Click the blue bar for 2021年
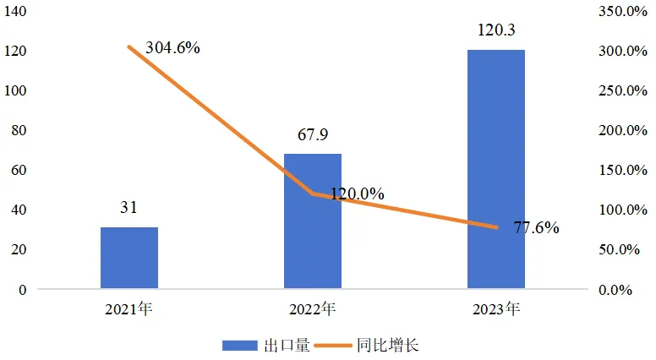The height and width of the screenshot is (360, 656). coord(128,258)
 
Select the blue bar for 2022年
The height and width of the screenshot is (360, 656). coord(313,221)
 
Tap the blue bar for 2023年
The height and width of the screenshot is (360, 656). coord(496,169)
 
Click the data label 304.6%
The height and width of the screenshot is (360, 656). coord(172,48)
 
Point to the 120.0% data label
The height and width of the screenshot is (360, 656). coord(357,194)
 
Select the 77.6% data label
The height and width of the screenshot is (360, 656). coord(536,227)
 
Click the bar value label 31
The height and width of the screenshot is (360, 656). coord(128,208)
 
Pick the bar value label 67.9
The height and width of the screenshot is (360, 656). coord(313,135)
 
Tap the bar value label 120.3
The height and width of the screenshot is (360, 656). coord(496,31)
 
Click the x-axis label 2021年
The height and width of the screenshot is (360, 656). coord(128,309)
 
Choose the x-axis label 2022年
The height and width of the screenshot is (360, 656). coord(313,309)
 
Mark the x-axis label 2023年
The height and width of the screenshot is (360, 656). coord(496,309)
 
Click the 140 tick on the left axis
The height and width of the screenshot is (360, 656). coord(18,11)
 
